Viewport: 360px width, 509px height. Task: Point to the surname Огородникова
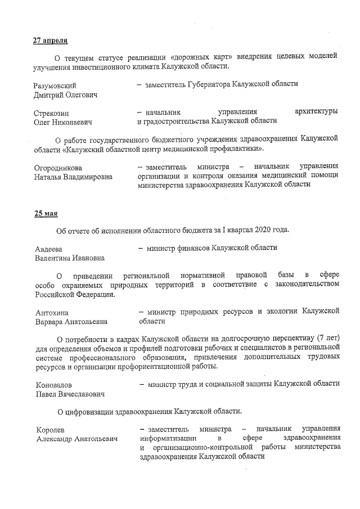pyautogui.click(x=58, y=167)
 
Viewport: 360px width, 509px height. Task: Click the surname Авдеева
pyautogui.click(x=48, y=249)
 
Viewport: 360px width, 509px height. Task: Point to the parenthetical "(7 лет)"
pyautogui.click(x=328, y=339)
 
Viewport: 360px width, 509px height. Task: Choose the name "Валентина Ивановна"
pyautogui.click(x=69, y=258)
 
